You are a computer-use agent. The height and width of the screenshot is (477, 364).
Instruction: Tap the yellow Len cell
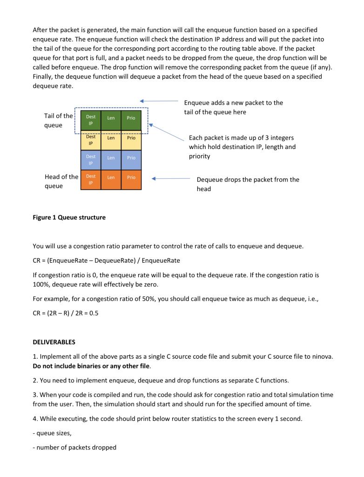(x=111, y=138)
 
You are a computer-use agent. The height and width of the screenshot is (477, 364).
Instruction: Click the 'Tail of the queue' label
(x=58, y=120)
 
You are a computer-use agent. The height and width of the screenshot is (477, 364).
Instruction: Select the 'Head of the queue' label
(x=61, y=181)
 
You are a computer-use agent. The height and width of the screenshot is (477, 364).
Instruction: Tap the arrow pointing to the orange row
(x=170, y=178)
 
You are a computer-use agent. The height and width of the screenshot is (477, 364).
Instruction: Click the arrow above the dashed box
(x=158, y=101)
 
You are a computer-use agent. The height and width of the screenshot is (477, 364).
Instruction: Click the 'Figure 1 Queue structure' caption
(x=69, y=217)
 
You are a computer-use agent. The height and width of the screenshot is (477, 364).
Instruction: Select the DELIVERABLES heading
(x=54, y=342)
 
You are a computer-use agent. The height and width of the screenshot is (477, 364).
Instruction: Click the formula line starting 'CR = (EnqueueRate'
(x=106, y=260)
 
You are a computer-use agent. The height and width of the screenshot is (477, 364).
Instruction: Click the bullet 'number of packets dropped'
(x=74, y=448)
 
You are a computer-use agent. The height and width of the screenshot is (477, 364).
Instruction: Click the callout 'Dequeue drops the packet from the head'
(x=248, y=184)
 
